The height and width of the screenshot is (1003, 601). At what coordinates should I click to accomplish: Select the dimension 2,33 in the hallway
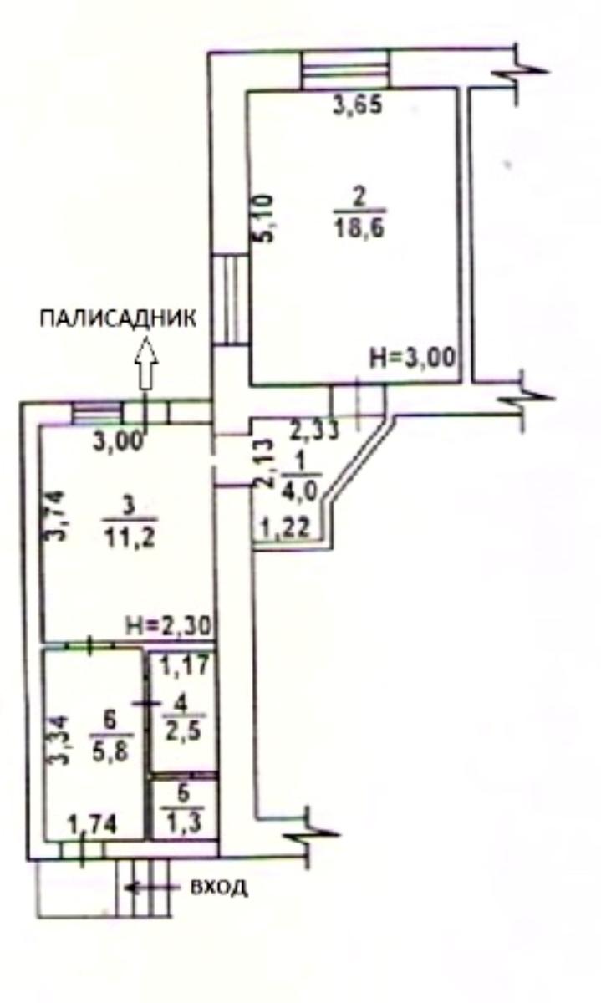point(316,431)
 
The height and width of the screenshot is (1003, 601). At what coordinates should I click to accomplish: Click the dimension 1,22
point(283,527)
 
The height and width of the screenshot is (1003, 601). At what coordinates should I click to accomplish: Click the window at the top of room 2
point(344,68)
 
